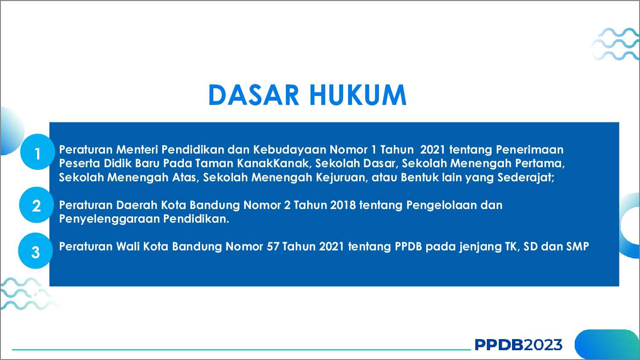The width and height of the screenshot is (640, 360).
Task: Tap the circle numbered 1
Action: [38, 152]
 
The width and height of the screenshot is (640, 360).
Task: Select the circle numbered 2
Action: [37, 205]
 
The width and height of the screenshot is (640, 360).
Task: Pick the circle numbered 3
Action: [36, 251]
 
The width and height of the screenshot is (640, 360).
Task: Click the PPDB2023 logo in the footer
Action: [518, 345]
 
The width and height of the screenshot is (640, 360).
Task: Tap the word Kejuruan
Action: [341, 177]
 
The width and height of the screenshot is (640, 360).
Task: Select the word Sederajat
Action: [526, 177]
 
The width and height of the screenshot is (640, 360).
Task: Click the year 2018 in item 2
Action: [343, 205]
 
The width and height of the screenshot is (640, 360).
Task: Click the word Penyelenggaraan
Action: [110, 219]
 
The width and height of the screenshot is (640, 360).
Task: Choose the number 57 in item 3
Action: [273, 247]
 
